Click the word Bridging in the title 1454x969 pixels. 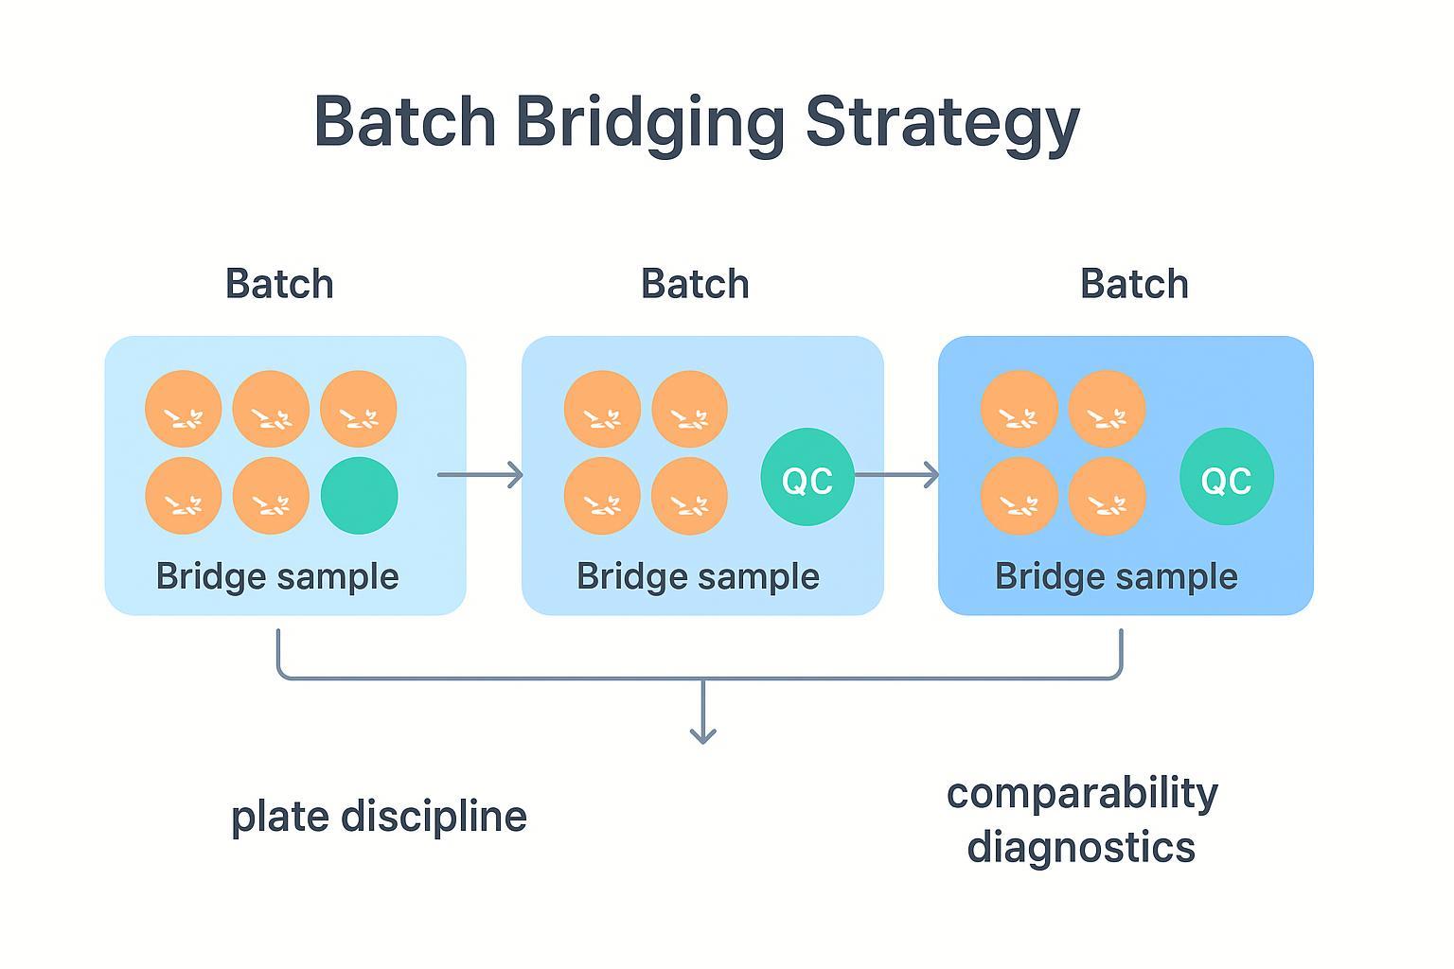pyautogui.click(x=650, y=123)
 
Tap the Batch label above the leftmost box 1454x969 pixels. pyautogui.click(x=279, y=284)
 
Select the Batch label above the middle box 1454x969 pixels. pyautogui.click(x=695, y=284)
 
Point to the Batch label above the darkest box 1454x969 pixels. pyautogui.click(x=1134, y=284)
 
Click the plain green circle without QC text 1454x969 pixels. pyautogui.click(x=359, y=496)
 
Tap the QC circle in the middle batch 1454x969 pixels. pyautogui.click(x=807, y=477)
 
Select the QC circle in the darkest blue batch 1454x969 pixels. pyautogui.click(x=1226, y=477)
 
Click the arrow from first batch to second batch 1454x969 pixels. pyautogui.click(x=481, y=474)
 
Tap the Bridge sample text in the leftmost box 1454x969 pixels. pyautogui.click(x=277, y=576)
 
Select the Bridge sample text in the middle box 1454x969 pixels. pyautogui.click(x=698, y=576)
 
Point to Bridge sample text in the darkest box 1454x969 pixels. pyautogui.click(x=1116, y=576)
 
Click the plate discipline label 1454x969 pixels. pyautogui.click(x=379, y=817)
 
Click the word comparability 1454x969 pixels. pyautogui.click(x=1082, y=793)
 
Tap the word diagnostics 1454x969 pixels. pyautogui.click(x=1081, y=846)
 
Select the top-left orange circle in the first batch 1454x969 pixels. pyautogui.click(x=184, y=409)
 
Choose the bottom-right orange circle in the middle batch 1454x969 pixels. pyautogui.click(x=689, y=496)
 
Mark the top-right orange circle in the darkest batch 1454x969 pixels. pyautogui.click(x=1107, y=409)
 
